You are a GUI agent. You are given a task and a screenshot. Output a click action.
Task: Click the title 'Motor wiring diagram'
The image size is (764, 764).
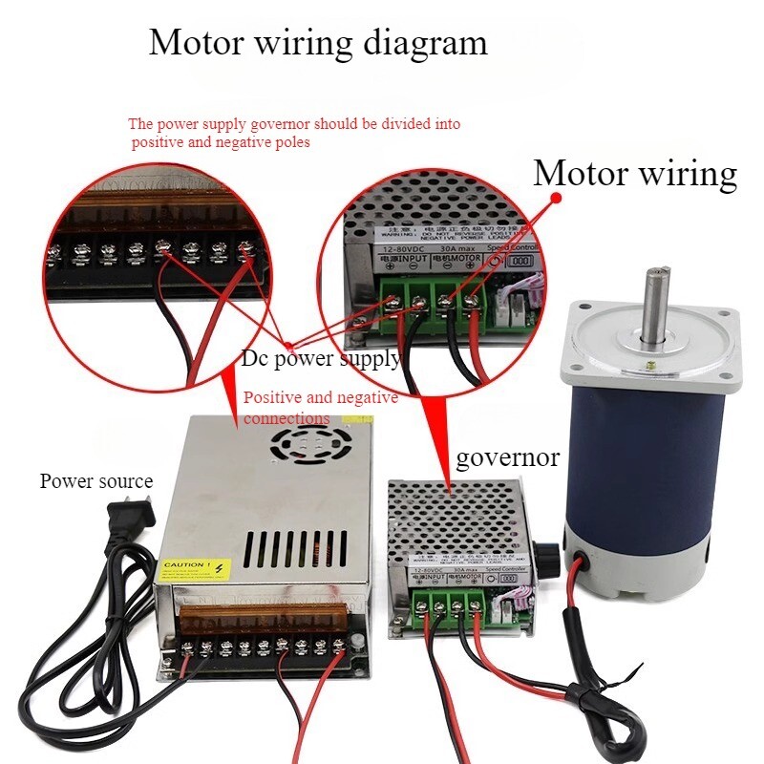click(317, 43)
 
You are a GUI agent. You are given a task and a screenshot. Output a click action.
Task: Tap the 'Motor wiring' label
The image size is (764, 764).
click(634, 174)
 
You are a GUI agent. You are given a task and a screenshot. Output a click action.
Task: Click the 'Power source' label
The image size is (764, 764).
click(95, 480)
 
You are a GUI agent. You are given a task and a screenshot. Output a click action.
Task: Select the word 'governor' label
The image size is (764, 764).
click(507, 457)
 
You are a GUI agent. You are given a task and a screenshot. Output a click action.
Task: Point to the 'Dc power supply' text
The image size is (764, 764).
click(320, 359)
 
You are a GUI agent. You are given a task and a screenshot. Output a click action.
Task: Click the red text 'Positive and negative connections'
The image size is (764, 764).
click(320, 408)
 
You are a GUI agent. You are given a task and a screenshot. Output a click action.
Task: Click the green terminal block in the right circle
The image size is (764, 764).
click(431, 297)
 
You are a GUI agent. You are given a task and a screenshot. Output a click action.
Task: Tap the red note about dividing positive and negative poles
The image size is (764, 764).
click(294, 133)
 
